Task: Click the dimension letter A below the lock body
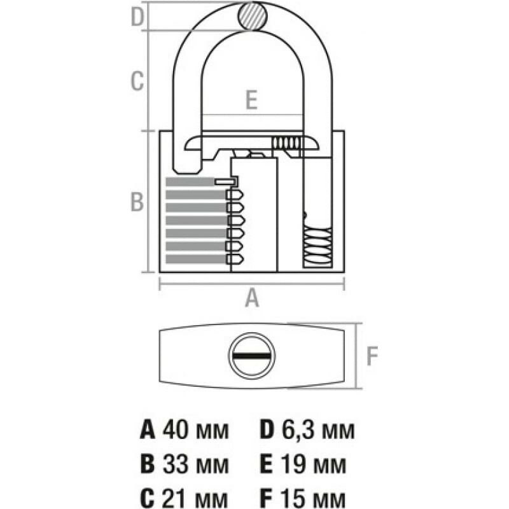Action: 253,298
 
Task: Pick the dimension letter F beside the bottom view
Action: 372,356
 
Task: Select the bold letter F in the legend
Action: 267,497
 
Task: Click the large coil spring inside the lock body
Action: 317,248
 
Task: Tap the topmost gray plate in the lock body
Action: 191,182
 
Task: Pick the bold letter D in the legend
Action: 268,429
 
